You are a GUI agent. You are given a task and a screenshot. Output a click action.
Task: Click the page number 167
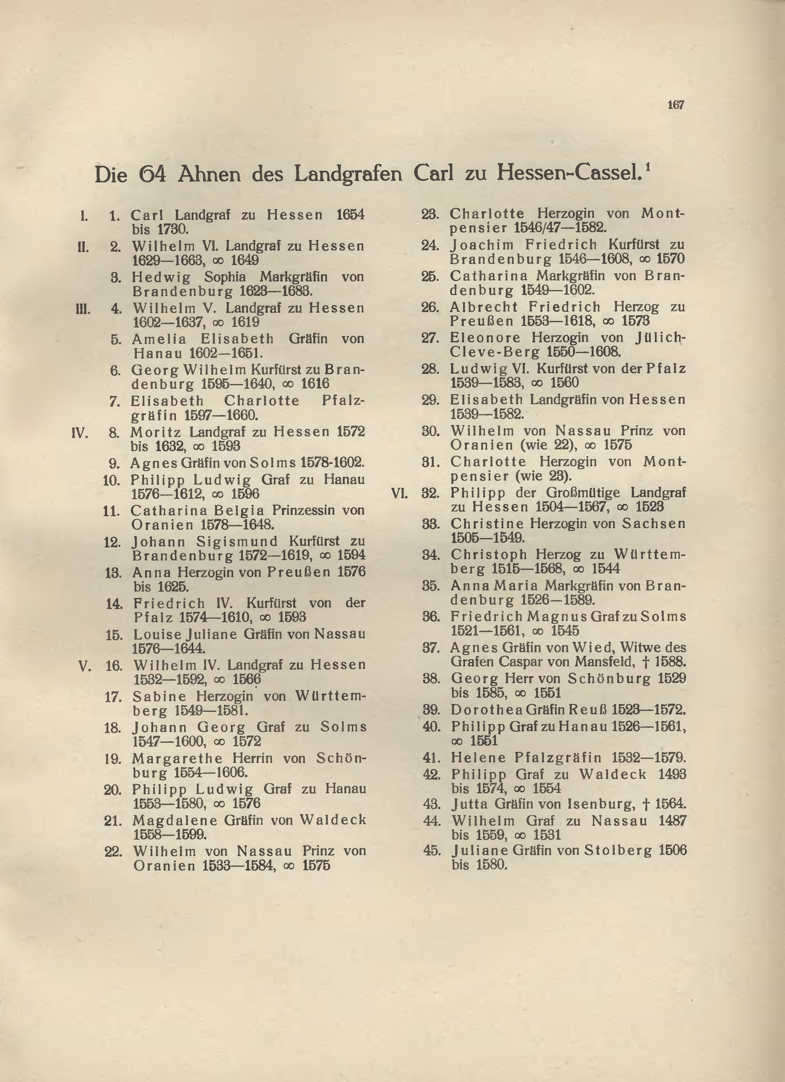coord(676,105)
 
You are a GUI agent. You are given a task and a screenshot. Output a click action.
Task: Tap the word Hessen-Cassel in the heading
coord(568,173)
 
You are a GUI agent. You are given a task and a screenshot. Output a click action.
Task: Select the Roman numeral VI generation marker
coord(399,493)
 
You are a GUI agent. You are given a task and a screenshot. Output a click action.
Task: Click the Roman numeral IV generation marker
coord(80,433)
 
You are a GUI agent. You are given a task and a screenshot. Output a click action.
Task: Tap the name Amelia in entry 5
coord(159,339)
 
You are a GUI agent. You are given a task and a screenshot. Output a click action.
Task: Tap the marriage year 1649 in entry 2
coord(245,261)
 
